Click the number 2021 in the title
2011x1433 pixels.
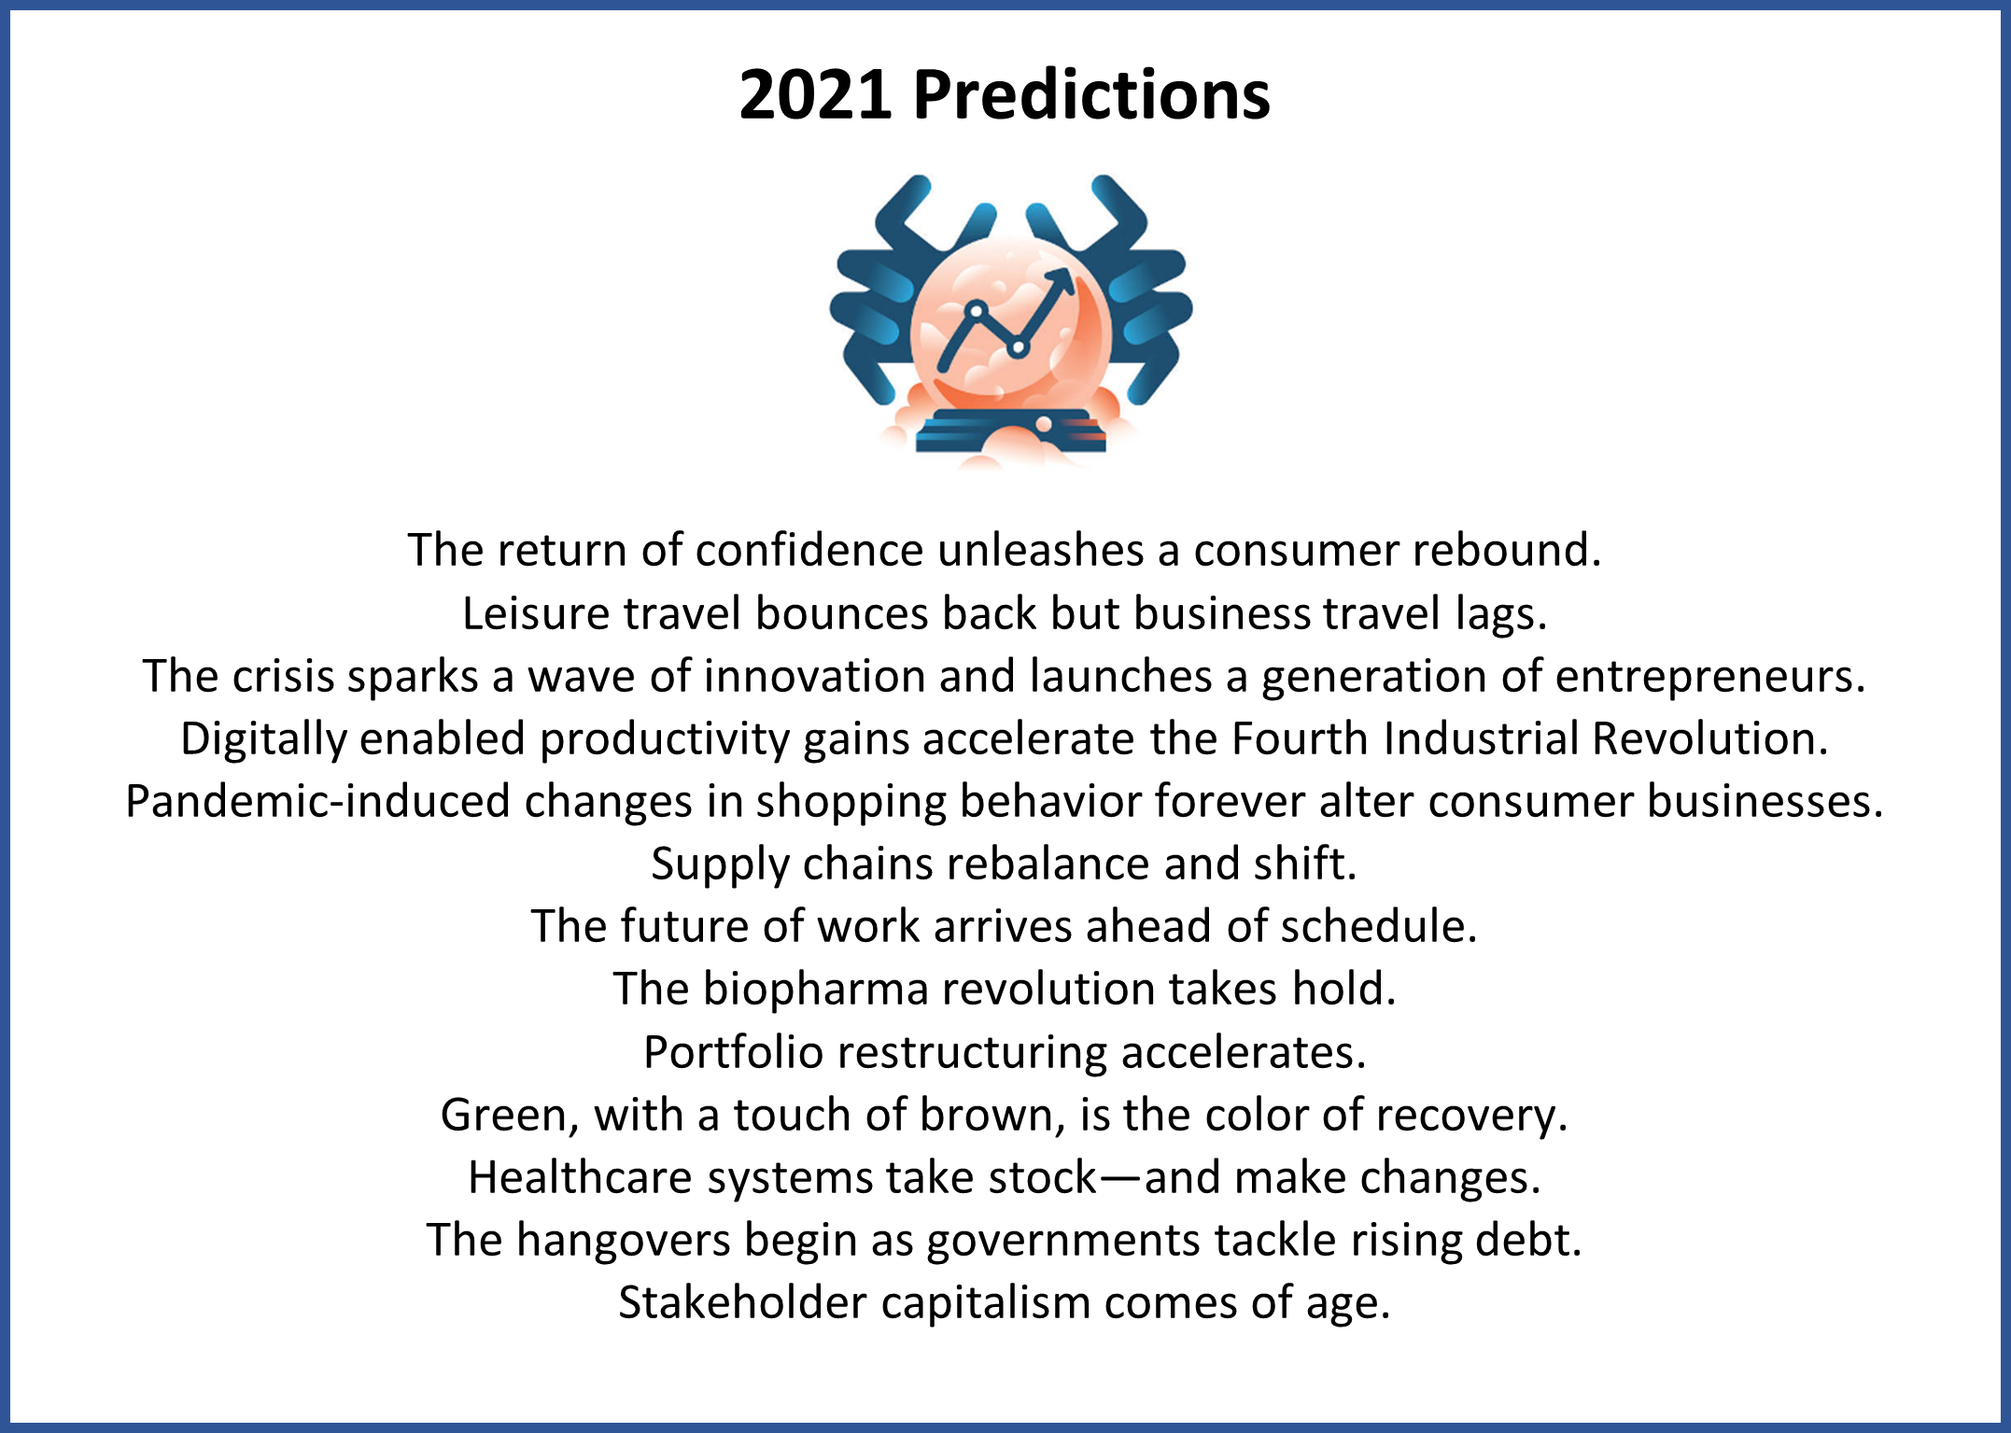click(814, 95)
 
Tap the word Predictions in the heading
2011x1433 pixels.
click(1091, 95)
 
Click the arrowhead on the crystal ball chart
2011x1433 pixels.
click(1060, 283)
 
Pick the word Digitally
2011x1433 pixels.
click(263, 739)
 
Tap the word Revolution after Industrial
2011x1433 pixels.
click(1709, 738)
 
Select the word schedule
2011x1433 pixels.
click(1378, 926)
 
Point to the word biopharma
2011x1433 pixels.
click(815, 990)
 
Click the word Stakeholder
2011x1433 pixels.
click(742, 1303)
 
